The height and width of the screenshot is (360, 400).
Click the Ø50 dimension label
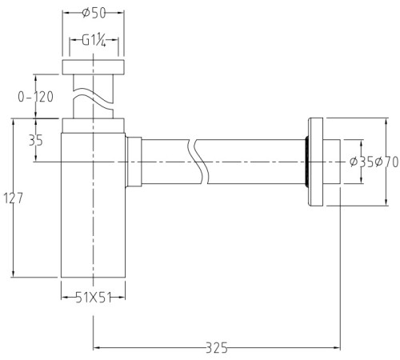click(x=94, y=13)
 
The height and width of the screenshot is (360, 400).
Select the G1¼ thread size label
click(x=94, y=41)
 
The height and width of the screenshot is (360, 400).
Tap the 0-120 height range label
click(x=35, y=97)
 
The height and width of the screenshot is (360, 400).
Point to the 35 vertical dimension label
click(x=36, y=140)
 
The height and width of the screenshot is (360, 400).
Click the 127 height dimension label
click(x=14, y=198)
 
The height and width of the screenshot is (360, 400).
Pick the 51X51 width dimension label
click(x=94, y=298)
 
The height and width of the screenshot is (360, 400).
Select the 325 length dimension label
click(x=217, y=348)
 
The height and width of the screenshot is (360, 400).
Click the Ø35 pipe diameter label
click(x=362, y=162)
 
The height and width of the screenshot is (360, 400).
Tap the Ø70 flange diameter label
click(x=386, y=162)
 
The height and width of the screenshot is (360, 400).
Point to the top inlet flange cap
click(x=94, y=67)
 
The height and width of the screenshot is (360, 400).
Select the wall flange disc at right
click(x=316, y=162)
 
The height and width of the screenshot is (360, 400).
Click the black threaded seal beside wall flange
click(x=307, y=162)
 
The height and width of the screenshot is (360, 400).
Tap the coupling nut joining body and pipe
click(x=134, y=162)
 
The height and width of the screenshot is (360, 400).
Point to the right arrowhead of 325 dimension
click(x=338, y=347)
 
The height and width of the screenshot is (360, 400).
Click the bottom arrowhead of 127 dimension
click(x=14, y=274)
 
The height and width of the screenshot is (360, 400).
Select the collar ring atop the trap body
click(x=94, y=125)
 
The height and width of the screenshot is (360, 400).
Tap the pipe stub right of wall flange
click(x=332, y=162)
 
